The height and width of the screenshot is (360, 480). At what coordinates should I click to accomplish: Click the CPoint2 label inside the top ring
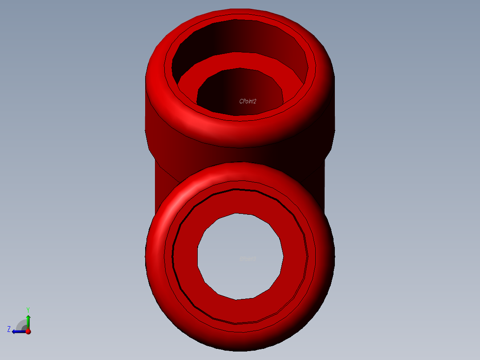coord(248,101)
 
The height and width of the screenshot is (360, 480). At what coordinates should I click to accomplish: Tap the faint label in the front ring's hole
coord(248,258)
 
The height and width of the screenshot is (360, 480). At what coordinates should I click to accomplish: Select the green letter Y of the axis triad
coord(28,310)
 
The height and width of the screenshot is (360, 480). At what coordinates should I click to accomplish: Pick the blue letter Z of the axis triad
coord(9,329)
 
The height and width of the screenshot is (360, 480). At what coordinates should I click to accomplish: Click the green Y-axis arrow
coord(28,321)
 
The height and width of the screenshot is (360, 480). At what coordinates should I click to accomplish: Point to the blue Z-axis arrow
coord(18,331)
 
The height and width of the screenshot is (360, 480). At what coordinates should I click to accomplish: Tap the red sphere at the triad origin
coord(28,331)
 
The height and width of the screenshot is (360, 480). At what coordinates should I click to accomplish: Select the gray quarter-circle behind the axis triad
coord(21,325)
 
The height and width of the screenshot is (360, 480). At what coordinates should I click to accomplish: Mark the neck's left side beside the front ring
coord(160,183)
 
